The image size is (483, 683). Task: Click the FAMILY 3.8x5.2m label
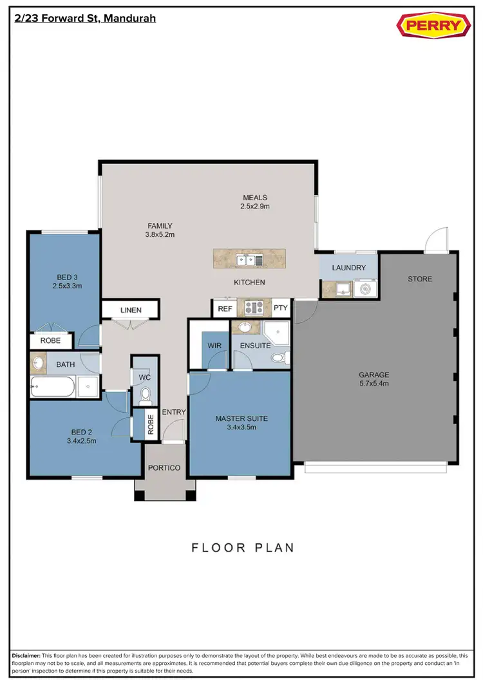(x=160, y=230)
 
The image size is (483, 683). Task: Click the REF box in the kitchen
(x=225, y=308)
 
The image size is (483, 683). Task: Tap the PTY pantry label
(x=280, y=308)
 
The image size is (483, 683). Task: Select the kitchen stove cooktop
(x=252, y=308)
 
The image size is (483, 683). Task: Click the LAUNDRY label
(x=348, y=268)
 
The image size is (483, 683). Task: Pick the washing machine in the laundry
(x=366, y=289)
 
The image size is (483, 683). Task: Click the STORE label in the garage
(x=419, y=279)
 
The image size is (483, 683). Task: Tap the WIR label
(x=214, y=346)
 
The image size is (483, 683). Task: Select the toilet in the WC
(x=145, y=394)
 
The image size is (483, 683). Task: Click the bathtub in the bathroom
(x=53, y=388)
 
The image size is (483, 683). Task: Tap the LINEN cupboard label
(x=130, y=310)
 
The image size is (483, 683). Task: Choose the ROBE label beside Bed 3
(x=50, y=341)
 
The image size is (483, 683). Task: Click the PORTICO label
(x=164, y=467)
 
